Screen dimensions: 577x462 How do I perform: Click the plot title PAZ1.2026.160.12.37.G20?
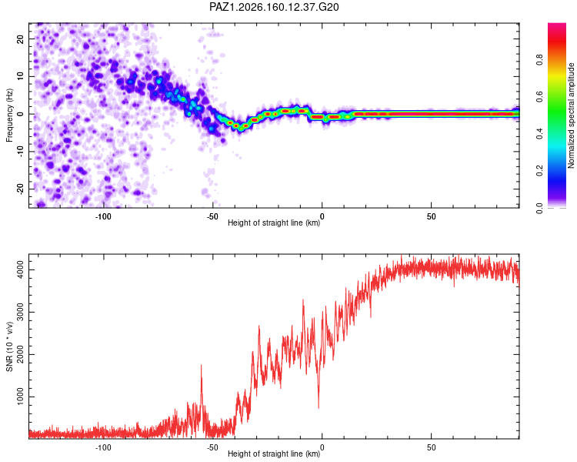(x=274, y=7)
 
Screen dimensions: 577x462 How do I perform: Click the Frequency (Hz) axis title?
(x=9, y=115)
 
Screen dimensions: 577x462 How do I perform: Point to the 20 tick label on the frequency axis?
(x=20, y=39)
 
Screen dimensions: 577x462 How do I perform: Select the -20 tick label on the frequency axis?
(x=20, y=189)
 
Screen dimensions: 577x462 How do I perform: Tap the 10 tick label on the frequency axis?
(x=20, y=76)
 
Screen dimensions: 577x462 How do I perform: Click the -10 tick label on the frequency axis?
(x=20, y=152)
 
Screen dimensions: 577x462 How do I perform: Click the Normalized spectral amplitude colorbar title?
(x=571, y=115)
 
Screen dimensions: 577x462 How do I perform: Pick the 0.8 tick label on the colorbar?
(x=539, y=59)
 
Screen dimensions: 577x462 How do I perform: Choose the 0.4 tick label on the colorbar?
(x=539, y=134)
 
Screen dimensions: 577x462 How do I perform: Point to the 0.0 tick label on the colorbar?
(x=539, y=208)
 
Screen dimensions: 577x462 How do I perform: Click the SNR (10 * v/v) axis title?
(x=9, y=346)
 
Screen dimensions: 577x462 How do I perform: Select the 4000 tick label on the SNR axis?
(x=20, y=270)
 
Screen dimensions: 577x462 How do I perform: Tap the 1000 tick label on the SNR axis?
(x=20, y=397)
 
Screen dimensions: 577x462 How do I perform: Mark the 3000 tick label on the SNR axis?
(x=20, y=313)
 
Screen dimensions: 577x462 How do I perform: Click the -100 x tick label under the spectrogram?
(x=103, y=216)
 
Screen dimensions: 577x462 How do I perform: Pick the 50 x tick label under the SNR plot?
(x=432, y=447)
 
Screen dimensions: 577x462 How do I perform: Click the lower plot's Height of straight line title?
(x=274, y=454)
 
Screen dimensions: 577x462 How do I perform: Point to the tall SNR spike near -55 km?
(x=202, y=365)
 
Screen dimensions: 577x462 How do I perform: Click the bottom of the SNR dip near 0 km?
(x=319, y=408)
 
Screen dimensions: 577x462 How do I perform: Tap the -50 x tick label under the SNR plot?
(x=212, y=447)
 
